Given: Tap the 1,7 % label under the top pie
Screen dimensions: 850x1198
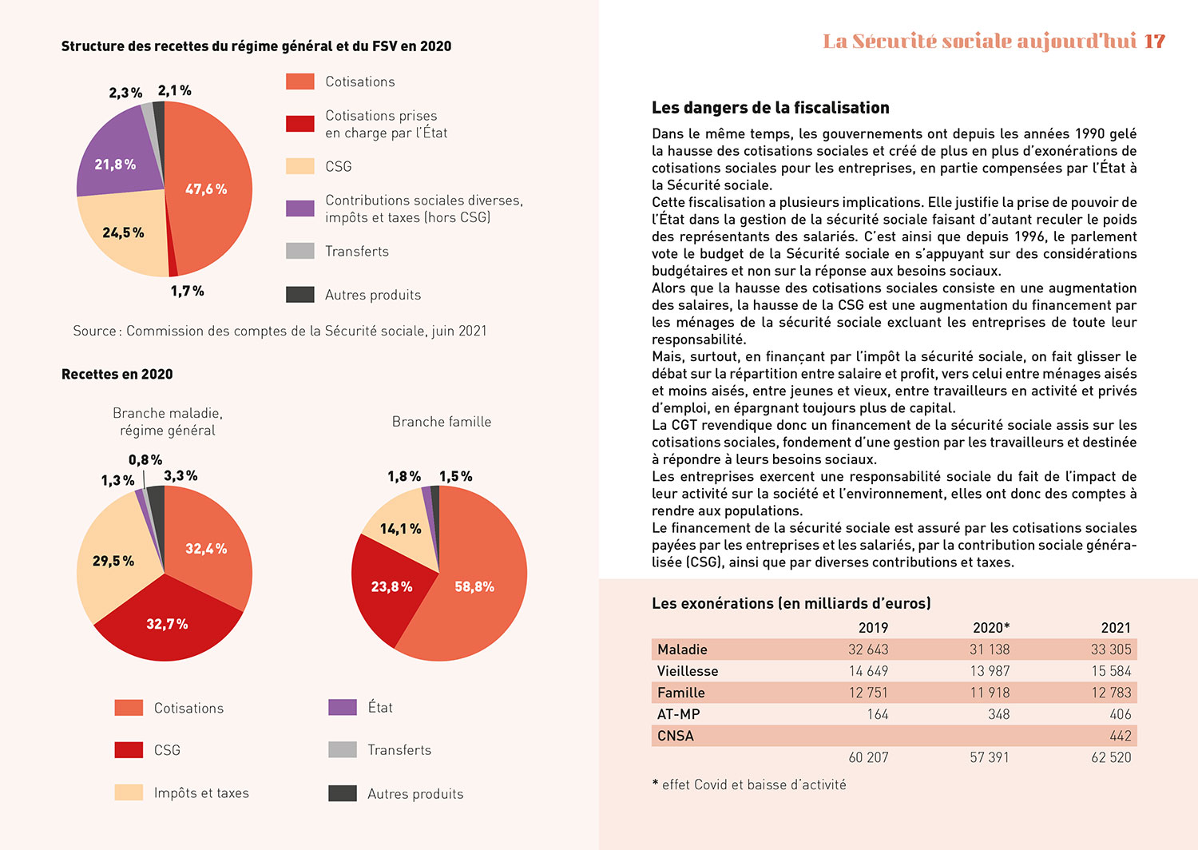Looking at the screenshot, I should tap(187, 291).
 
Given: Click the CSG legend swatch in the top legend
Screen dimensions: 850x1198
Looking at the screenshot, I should tap(300, 166).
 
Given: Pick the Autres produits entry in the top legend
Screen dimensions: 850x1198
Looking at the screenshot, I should tap(372, 295).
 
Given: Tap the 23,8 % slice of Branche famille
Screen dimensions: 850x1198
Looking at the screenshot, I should tap(391, 586).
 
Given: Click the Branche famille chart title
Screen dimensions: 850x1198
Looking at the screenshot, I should tap(442, 422).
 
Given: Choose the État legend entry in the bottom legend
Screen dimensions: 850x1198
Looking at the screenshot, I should tap(380, 707).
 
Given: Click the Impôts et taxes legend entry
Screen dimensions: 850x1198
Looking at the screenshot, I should tap(201, 792).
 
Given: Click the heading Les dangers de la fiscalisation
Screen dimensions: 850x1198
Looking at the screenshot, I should tap(770, 108).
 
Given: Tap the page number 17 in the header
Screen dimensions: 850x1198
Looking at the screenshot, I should tap(1154, 42).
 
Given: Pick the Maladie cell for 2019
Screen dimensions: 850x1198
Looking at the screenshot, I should tap(867, 649).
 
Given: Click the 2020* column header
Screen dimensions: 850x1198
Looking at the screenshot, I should tap(990, 628).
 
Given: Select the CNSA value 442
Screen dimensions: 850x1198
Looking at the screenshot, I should tap(1120, 736).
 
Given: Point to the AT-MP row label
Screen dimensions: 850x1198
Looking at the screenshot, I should tap(678, 714).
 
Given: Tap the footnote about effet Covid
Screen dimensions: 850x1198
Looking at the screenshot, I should tap(749, 784).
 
